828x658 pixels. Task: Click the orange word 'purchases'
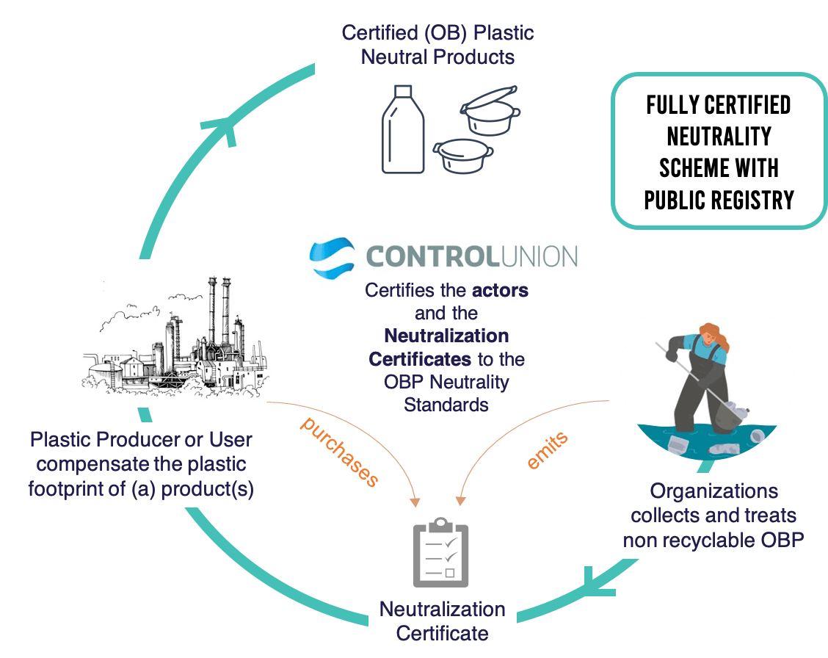point(340,452)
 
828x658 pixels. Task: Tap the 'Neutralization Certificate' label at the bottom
point(442,621)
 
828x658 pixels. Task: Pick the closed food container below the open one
point(460,154)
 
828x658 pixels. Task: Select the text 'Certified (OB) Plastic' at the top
point(437,33)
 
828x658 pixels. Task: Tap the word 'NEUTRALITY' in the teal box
point(719,137)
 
